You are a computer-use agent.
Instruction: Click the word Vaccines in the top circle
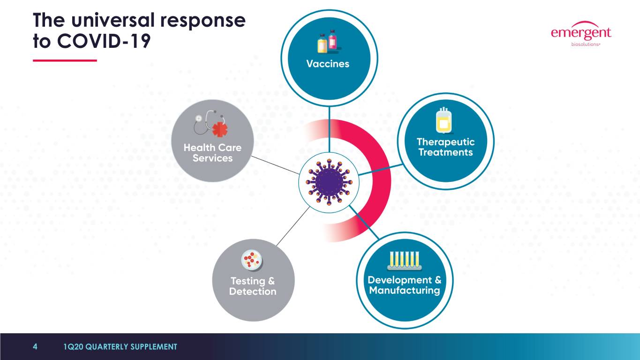coord(328,64)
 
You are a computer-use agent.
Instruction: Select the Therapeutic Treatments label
coord(445,147)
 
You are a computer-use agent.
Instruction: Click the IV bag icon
coord(443,120)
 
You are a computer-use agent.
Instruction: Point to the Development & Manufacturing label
coord(404,285)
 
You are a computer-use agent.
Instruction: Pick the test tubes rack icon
coord(404,260)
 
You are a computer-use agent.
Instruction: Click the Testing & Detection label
coord(253,286)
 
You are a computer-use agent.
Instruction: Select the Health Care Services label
coord(212,153)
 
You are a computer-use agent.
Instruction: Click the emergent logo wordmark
coord(581,33)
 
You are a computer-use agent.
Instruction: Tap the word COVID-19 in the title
coord(104,42)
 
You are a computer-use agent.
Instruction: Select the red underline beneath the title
coord(65,60)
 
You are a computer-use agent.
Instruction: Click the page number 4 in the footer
coord(35,347)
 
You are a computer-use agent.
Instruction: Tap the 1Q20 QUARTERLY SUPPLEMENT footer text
coord(120,347)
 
